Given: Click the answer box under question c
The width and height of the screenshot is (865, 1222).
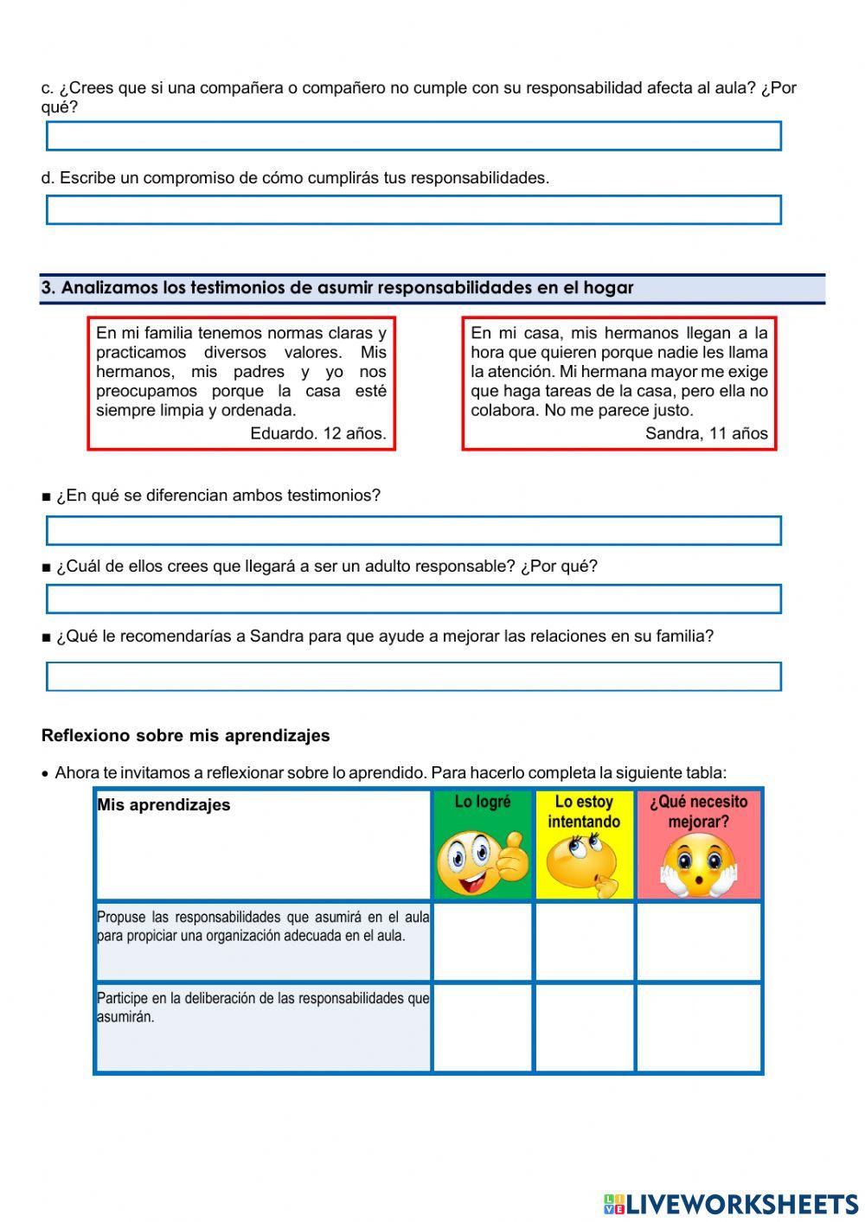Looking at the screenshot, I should click(x=413, y=137).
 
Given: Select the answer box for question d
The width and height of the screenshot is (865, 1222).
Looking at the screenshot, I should click(x=413, y=210).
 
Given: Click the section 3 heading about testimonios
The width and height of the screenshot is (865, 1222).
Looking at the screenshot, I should click(x=337, y=288).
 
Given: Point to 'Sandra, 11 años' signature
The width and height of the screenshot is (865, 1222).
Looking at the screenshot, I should click(x=706, y=433).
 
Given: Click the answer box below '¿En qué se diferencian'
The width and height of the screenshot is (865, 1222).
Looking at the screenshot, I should click(x=413, y=530).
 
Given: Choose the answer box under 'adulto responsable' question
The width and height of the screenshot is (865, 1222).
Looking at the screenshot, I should click(x=413, y=599).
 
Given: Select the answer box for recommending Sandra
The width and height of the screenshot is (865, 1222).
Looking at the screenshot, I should click(x=413, y=676).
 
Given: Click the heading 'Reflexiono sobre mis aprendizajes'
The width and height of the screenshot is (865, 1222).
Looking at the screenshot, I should click(x=185, y=736).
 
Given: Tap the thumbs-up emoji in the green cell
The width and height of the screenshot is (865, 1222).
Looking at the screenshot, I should click(x=483, y=862).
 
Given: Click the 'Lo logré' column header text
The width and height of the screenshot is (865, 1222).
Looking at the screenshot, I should click(x=483, y=803).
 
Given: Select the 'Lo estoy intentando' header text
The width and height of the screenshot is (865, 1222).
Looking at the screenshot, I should click(x=584, y=812).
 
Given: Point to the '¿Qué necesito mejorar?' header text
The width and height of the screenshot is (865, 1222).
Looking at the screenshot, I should click(x=698, y=812).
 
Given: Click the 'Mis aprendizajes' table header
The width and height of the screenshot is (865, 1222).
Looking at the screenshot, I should click(x=163, y=805).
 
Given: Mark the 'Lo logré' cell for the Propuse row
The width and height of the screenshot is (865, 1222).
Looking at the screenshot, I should click(x=483, y=941).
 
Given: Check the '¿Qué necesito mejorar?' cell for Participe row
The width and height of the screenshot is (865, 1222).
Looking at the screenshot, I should click(x=699, y=1027).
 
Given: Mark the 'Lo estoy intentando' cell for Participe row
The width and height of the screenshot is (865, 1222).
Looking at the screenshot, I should click(x=585, y=1027).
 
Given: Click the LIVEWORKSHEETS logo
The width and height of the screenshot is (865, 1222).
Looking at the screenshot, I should click(x=731, y=1204).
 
